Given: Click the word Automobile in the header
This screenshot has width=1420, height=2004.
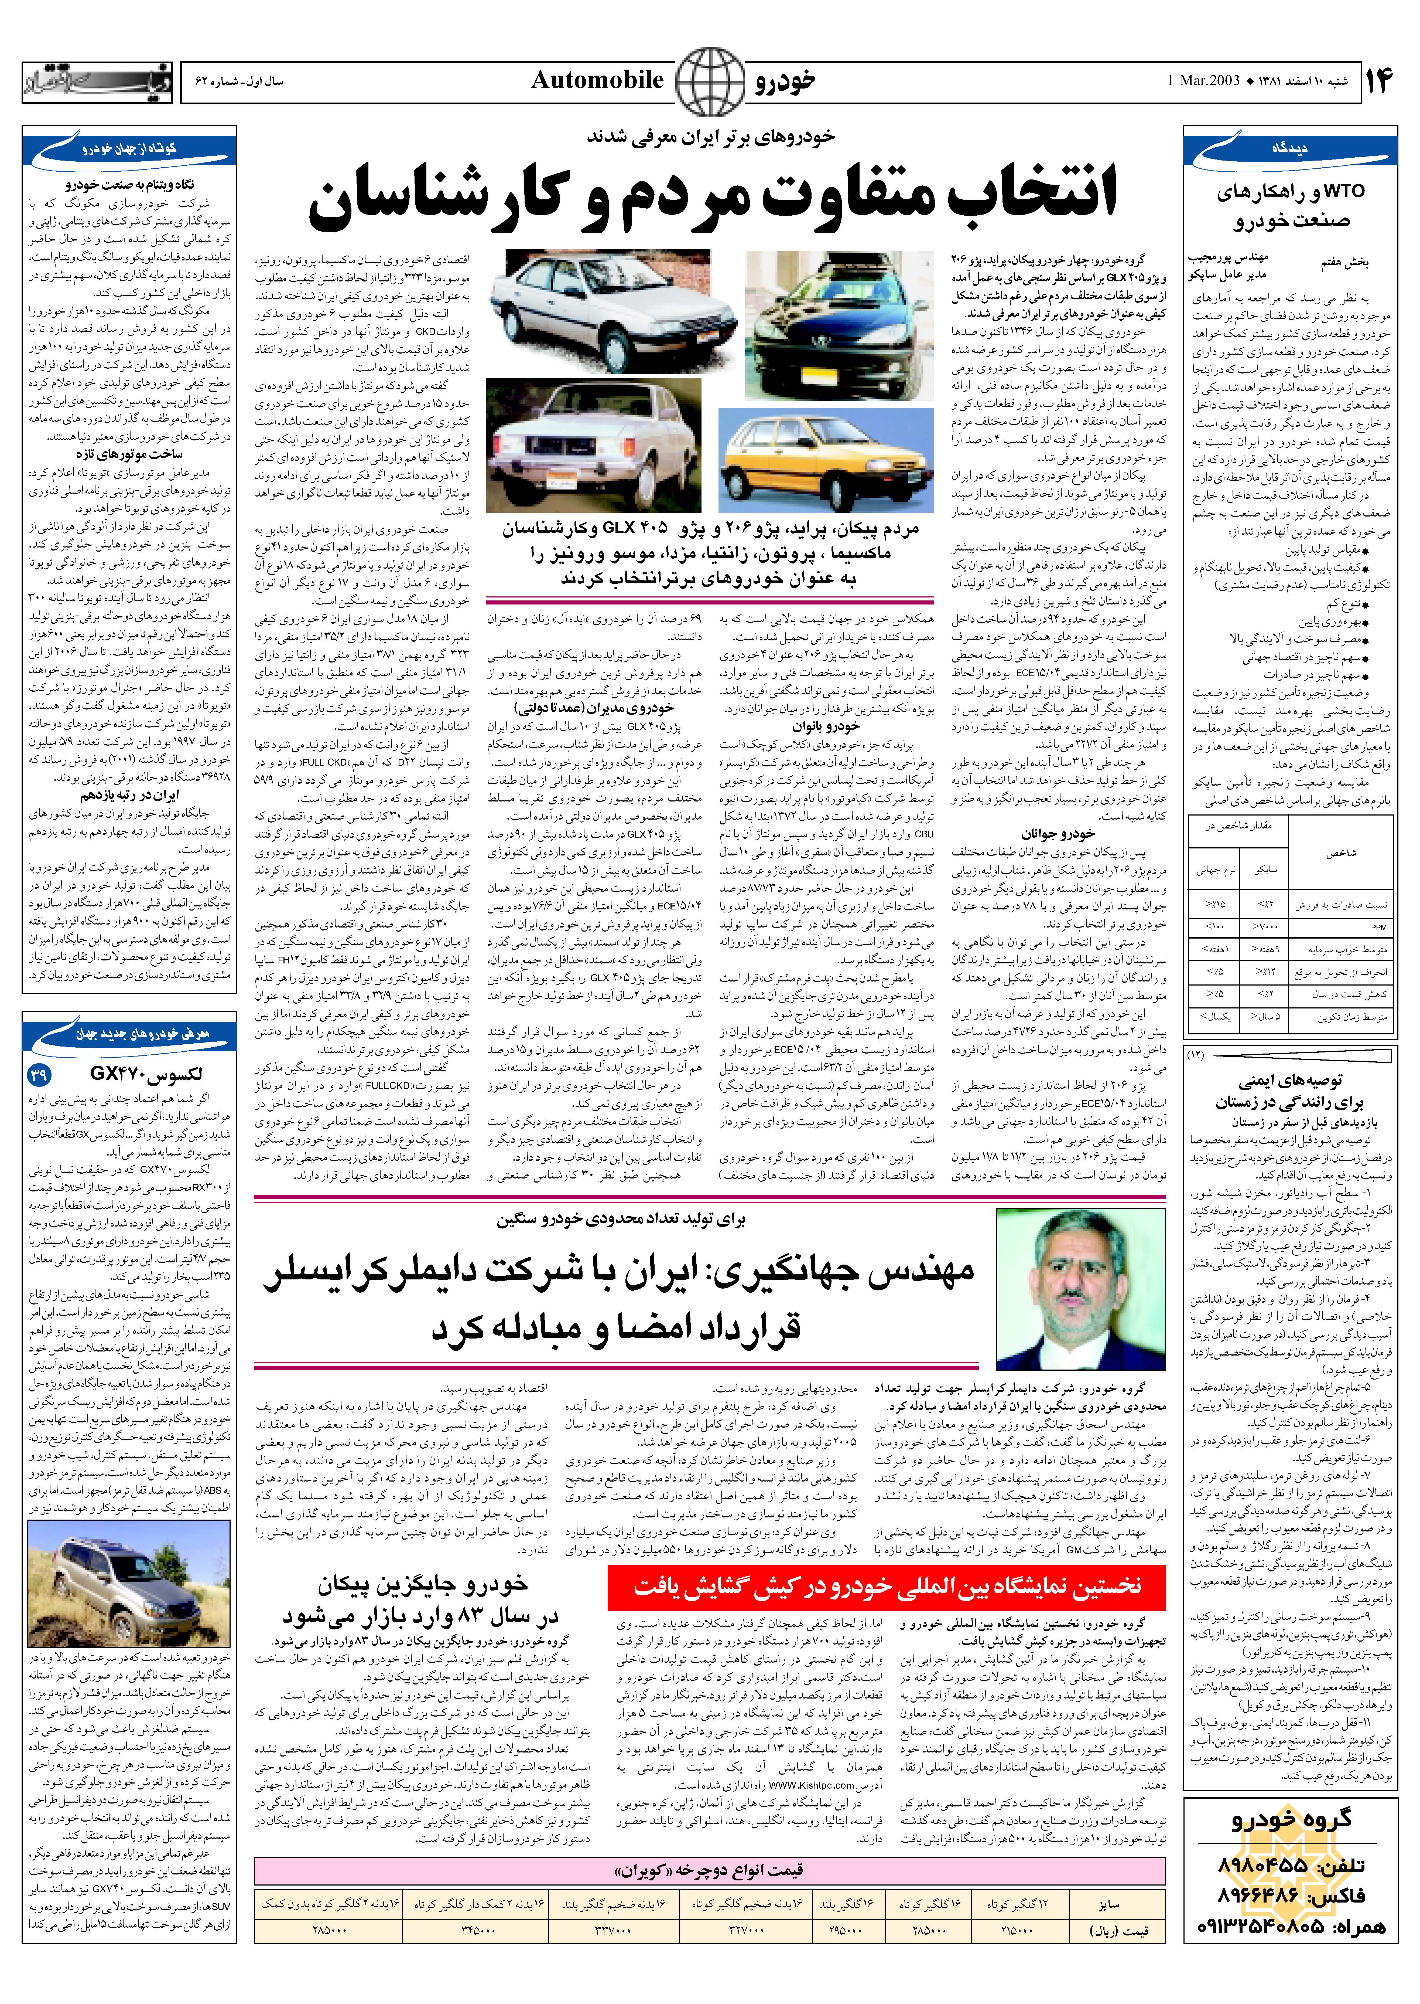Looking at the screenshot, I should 597,80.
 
